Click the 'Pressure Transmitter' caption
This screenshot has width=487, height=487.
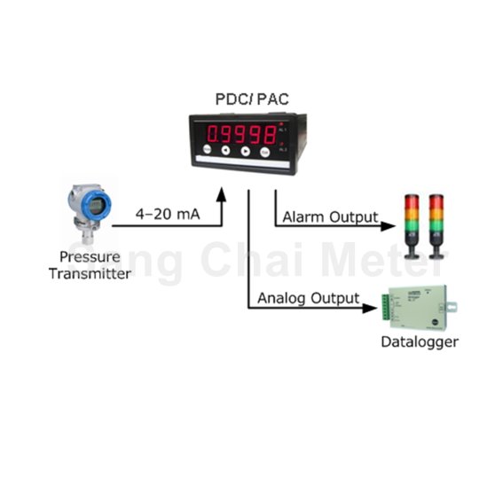[x=89, y=265]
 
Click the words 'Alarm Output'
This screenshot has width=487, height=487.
[x=330, y=217]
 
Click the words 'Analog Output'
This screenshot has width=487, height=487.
[x=308, y=298]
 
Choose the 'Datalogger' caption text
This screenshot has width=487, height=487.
[x=419, y=342]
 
